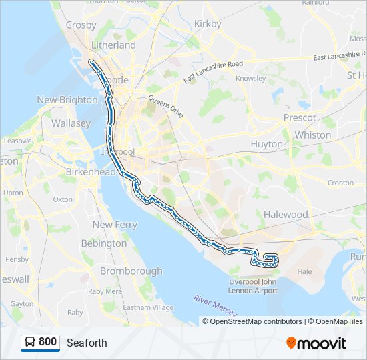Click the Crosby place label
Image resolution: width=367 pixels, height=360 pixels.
point(81,25)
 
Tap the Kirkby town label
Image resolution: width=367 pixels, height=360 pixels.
point(207,24)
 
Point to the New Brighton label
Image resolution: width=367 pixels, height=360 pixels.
point(67,100)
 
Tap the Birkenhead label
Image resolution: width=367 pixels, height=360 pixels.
point(87,171)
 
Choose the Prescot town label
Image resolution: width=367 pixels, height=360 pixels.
point(300,117)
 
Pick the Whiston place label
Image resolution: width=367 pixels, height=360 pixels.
point(312,135)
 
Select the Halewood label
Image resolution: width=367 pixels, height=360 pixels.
point(285,215)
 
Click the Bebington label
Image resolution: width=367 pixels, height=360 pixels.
point(103,243)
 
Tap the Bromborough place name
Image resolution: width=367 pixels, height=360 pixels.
point(131,271)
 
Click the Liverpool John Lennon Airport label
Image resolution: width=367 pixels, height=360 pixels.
point(253,286)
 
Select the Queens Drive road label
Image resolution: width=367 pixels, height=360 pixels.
point(165,107)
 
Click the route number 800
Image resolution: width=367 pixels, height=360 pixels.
point(47,342)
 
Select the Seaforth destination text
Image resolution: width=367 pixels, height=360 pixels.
point(87,343)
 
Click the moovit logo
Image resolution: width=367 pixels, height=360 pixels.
point(316,343)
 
